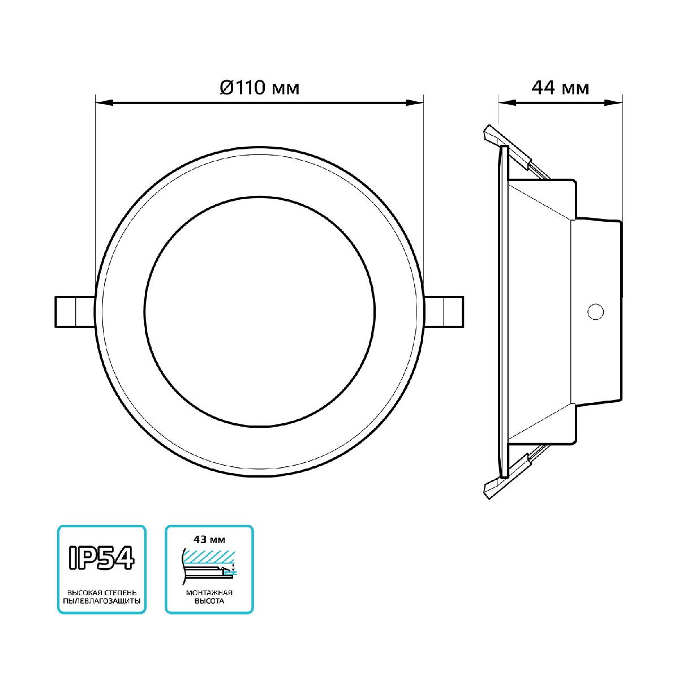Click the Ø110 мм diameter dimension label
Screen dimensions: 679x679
[259, 88]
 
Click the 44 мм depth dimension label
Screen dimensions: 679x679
[560, 88]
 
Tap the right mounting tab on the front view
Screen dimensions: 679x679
[446, 311]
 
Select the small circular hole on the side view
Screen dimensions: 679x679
[595, 311]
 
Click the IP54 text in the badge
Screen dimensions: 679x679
[101, 557]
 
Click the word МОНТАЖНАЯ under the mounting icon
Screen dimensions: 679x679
[209, 592]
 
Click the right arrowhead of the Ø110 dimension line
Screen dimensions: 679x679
[416, 103]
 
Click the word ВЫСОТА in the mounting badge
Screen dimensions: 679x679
[209, 601]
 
